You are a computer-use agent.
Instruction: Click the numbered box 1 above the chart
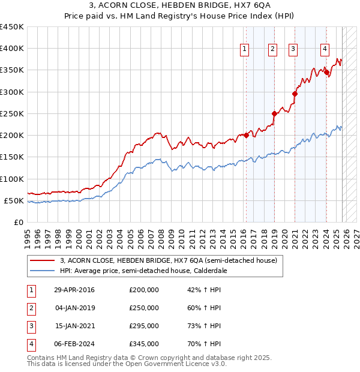pyautogui.click(x=245, y=50)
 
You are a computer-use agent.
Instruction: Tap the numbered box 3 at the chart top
pyautogui.click(x=293, y=50)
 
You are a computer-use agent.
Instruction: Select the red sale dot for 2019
pyautogui.click(x=274, y=113)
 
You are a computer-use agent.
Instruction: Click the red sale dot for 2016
pyautogui.click(x=246, y=135)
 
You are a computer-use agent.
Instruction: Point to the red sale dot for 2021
pyautogui.click(x=295, y=94)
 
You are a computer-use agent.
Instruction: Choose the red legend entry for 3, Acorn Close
pyautogui.click(x=168, y=261)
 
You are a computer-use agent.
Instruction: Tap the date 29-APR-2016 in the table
pyautogui.click(x=74, y=290)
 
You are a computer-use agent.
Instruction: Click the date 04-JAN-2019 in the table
pyautogui.click(x=74, y=308)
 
